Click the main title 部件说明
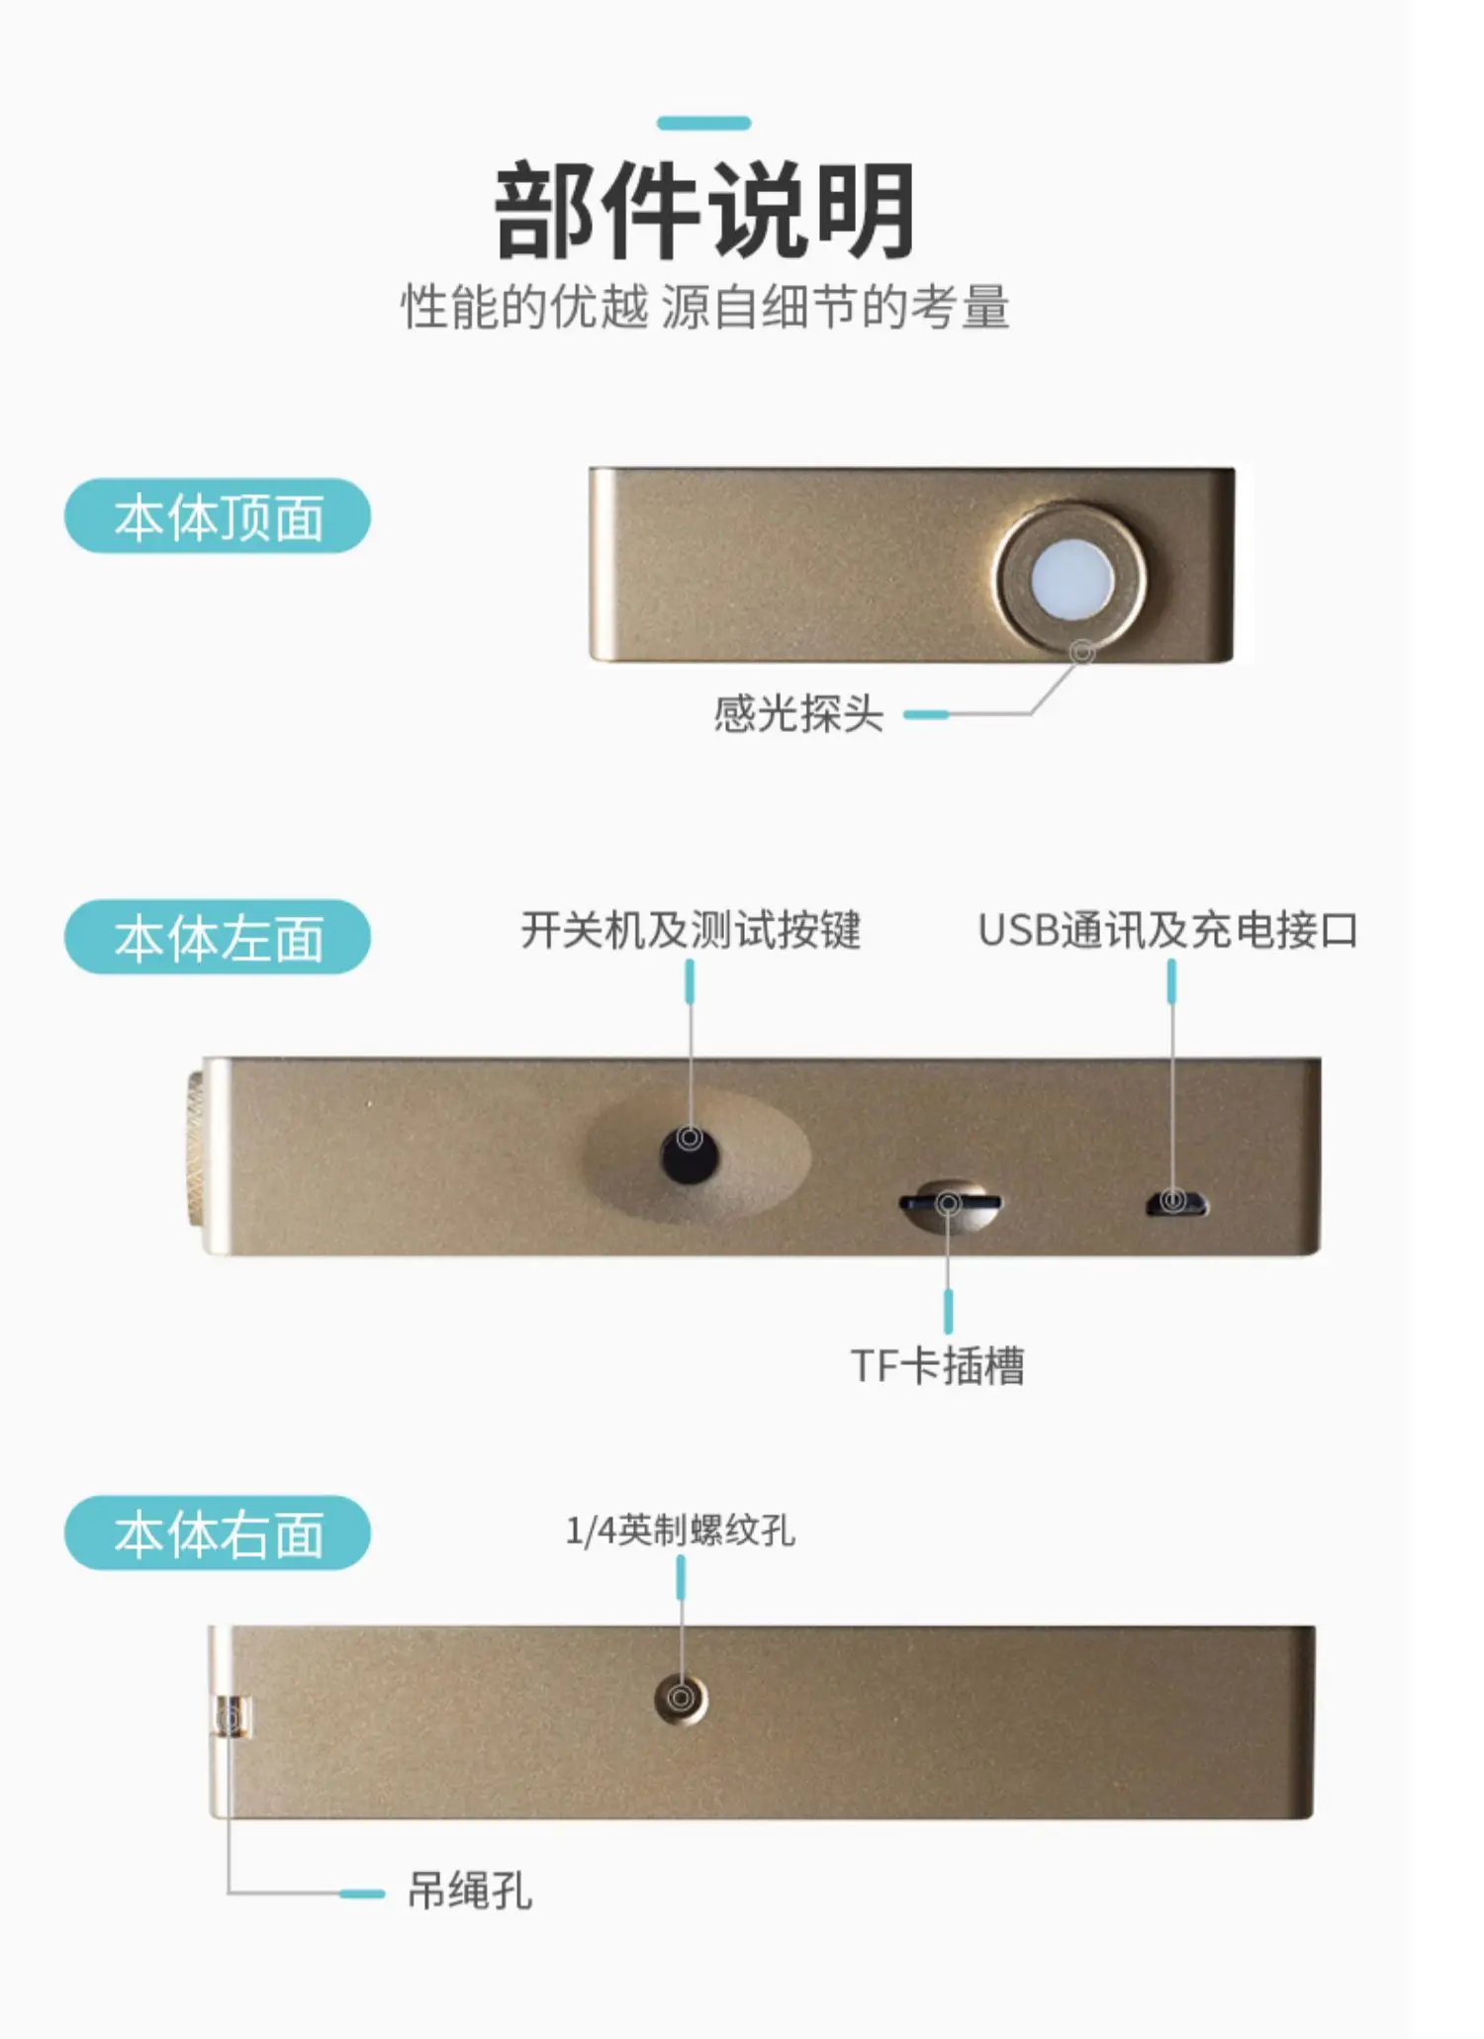point(704,211)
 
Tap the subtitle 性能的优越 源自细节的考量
point(704,307)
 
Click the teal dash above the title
point(704,123)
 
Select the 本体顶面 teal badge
point(218,515)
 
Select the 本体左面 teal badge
point(218,937)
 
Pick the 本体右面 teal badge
point(218,1532)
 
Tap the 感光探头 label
point(798,713)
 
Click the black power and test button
point(690,1154)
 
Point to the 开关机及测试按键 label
point(691,930)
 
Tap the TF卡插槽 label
point(938,1366)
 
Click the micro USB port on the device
point(1176,1203)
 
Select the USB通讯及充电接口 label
point(1168,930)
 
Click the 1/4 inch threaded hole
point(681,1699)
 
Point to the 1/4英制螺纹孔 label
point(681,1530)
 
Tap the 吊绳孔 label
point(470,1892)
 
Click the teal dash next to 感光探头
point(926,714)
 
